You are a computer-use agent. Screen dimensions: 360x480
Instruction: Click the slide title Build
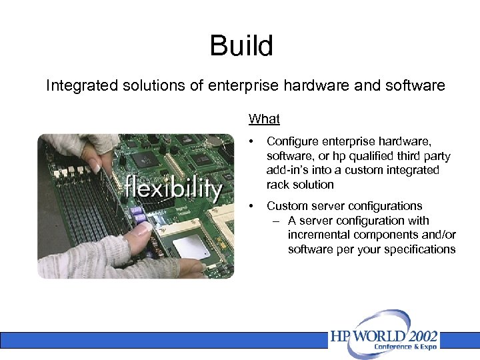pos(241,46)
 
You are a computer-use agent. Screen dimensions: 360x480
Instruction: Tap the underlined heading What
pos(264,119)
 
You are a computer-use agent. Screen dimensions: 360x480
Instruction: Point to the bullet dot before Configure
pos(251,142)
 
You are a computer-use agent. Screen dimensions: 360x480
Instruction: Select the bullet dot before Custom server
pos(251,206)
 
